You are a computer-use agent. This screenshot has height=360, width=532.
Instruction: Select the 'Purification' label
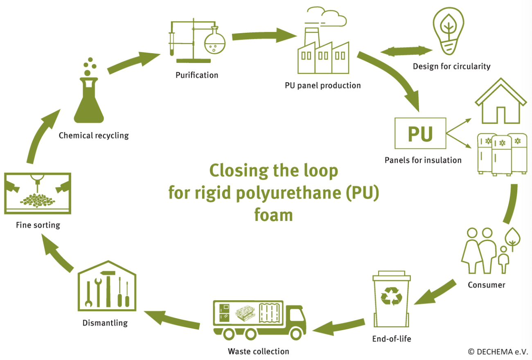197,75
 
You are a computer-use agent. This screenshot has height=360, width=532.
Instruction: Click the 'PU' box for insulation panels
420,133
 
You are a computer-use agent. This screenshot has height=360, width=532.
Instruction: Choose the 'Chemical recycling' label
94,135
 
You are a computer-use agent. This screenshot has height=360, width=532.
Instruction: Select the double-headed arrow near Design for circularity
406,52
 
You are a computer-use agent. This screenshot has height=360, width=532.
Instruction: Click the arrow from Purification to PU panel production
264,36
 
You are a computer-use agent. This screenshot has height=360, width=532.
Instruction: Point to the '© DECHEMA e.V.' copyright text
498,351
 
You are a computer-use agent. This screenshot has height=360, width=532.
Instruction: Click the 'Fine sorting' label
38,225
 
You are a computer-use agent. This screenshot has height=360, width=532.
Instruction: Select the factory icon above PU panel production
323,49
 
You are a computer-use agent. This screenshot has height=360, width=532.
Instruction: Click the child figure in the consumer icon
504,262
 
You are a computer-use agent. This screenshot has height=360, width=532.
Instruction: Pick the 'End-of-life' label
392,339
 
